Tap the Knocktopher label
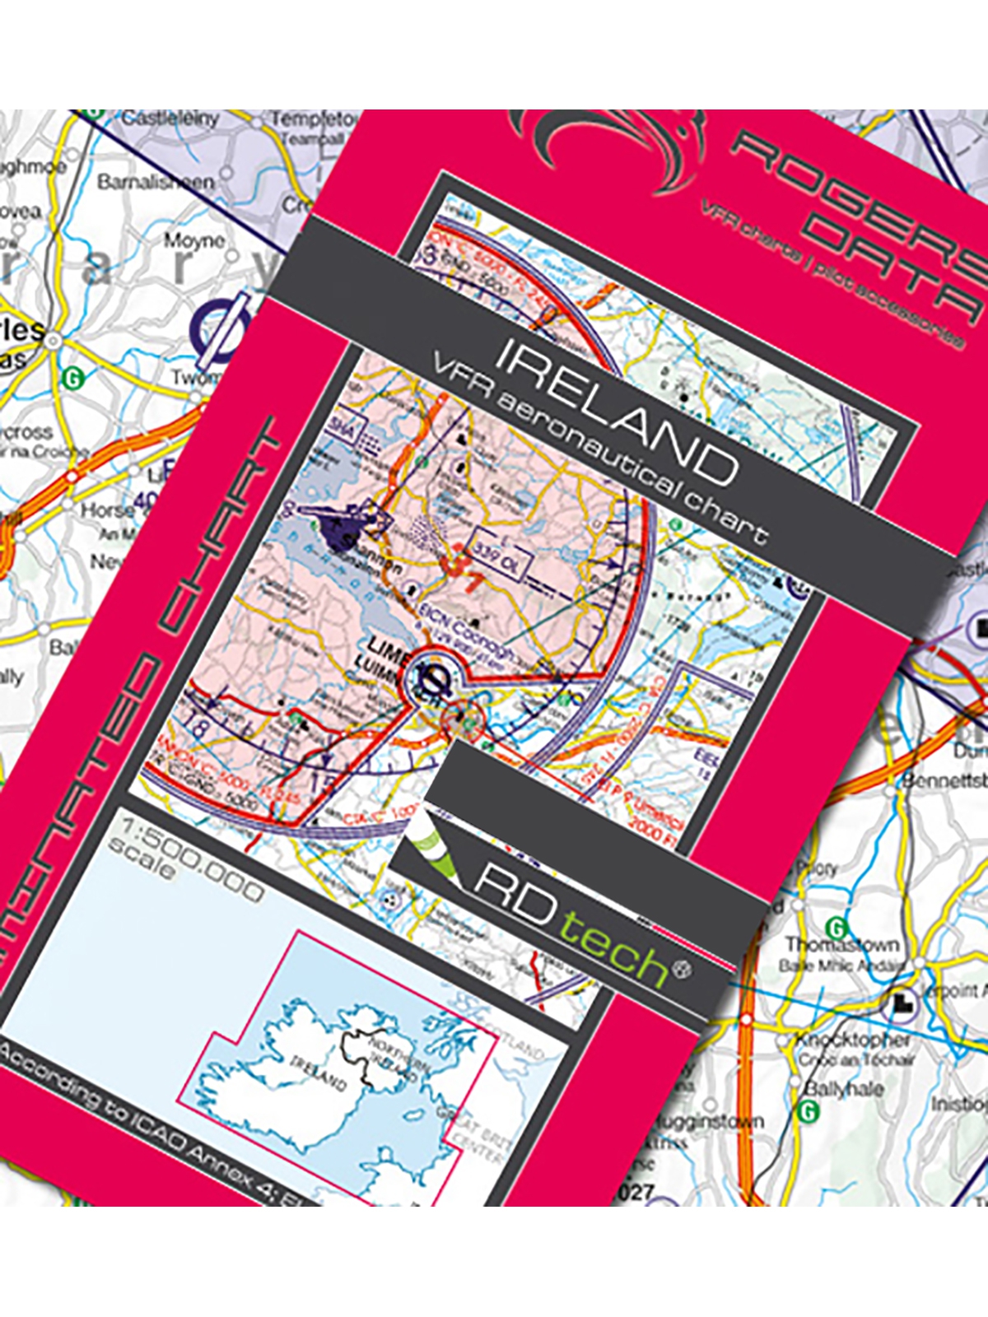click(x=851, y=1040)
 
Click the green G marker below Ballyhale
click(x=809, y=1111)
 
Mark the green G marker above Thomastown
click(x=837, y=927)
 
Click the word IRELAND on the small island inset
click(x=318, y=1073)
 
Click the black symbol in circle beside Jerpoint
click(x=904, y=1004)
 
